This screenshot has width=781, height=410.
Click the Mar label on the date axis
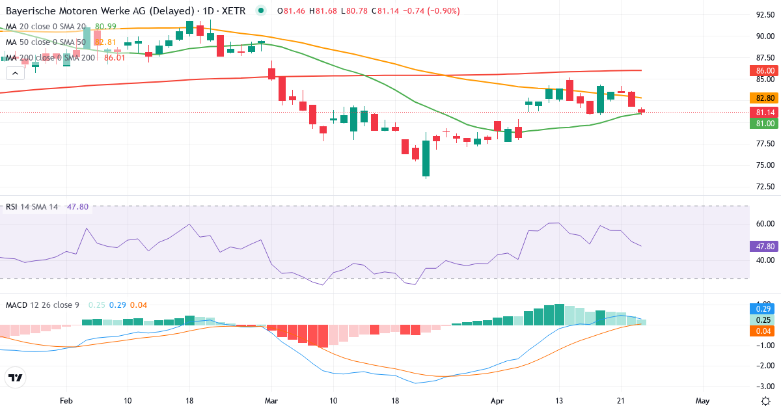271,401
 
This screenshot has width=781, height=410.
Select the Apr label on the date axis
498,401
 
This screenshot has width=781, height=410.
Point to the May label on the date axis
702,401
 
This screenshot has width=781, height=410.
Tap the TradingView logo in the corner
15,377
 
